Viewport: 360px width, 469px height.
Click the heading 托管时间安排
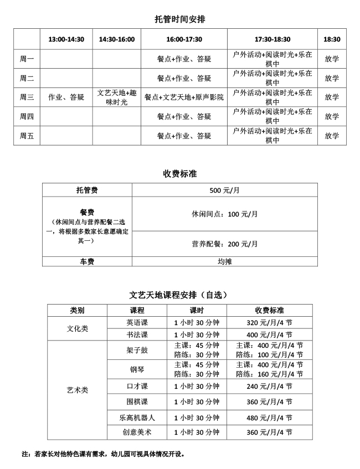click(x=180, y=19)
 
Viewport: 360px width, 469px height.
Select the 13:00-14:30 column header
click(x=66, y=39)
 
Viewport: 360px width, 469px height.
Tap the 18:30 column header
click(x=332, y=39)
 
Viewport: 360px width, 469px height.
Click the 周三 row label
click(x=27, y=97)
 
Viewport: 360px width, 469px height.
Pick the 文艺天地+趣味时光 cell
click(x=116, y=97)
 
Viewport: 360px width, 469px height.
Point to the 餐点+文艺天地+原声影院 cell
click(x=184, y=97)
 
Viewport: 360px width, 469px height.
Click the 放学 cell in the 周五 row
click(x=332, y=136)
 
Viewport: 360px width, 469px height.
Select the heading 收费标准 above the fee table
click(x=180, y=174)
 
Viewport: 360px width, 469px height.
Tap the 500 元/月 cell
click(x=224, y=190)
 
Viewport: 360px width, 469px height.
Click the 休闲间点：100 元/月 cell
click(x=224, y=214)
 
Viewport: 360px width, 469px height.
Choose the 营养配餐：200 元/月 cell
click(x=224, y=244)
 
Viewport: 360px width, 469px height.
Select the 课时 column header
click(x=197, y=310)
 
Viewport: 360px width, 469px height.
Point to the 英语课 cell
click(x=137, y=322)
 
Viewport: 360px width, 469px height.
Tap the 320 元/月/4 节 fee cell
click(x=269, y=322)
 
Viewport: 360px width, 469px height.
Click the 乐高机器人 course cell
click(x=137, y=418)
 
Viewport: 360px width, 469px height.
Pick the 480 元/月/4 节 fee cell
click(x=269, y=418)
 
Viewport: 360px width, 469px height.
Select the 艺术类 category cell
click(x=77, y=390)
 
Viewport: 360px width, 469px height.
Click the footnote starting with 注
click(x=103, y=454)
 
